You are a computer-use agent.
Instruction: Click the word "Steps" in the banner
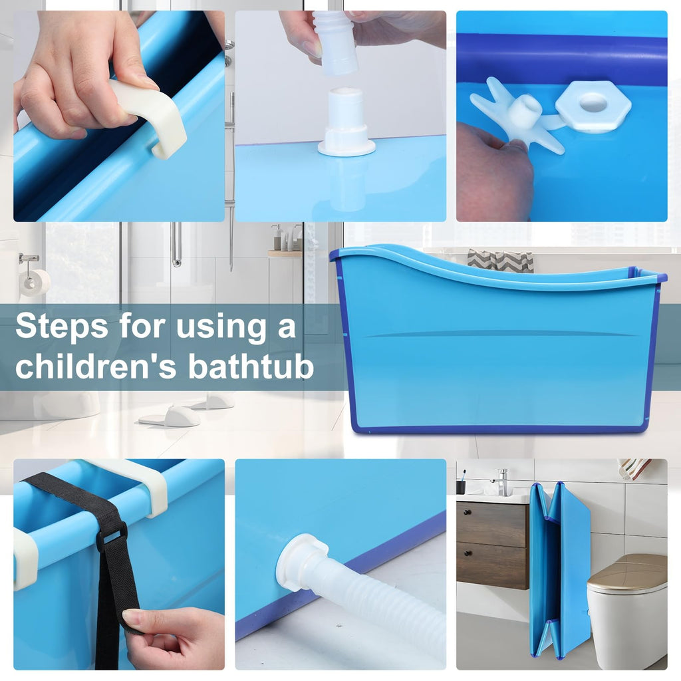pyautogui.click(x=62, y=327)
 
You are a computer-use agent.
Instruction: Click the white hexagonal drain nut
pyautogui.click(x=593, y=106)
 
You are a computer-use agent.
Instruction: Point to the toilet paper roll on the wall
pyautogui.click(x=35, y=283)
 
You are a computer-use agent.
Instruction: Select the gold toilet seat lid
pyautogui.click(x=626, y=570)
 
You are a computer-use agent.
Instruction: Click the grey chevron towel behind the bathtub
pyautogui.click(x=500, y=261)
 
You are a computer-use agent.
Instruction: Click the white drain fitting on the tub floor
pyautogui.click(x=346, y=123)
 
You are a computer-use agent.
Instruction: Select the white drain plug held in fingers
pyautogui.click(x=335, y=42)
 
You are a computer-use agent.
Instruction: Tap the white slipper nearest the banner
pyautogui.click(x=170, y=417)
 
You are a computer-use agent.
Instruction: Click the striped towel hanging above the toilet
pyautogui.click(x=634, y=469)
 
